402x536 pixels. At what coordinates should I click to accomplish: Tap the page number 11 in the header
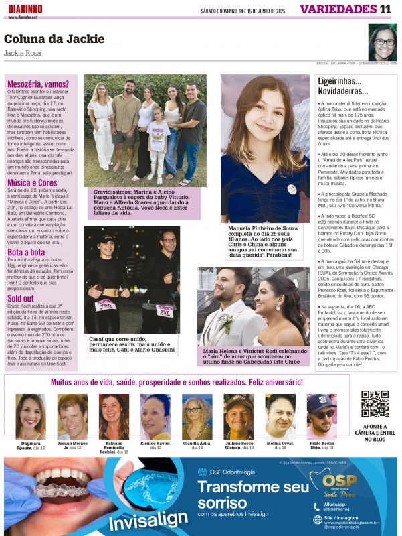(x=385, y=9)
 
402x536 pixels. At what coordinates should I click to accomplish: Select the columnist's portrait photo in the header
(x=382, y=42)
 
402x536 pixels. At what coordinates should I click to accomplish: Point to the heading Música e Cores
(x=32, y=182)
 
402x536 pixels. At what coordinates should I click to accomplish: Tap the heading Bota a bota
(x=26, y=252)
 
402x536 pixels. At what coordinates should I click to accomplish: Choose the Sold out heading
(x=21, y=298)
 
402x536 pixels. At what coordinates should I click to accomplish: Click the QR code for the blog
(x=375, y=403)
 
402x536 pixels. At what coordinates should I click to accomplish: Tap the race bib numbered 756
(x=104, y=305)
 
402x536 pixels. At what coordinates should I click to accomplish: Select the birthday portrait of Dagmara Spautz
(x=30, y=417)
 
